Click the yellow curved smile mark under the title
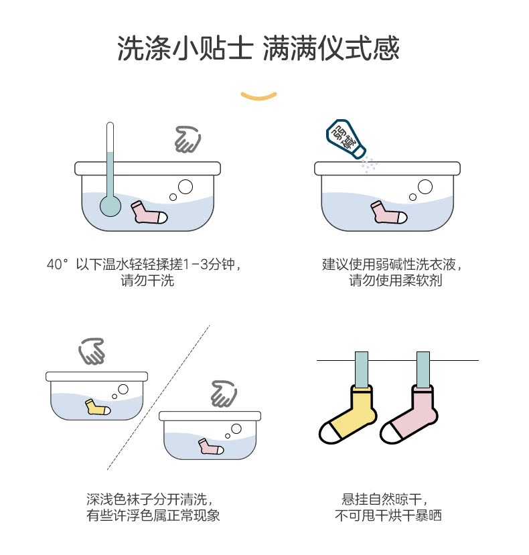[258, 95]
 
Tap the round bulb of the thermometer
[109, 206]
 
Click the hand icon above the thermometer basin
[187, 139]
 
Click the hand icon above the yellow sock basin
[92, 351]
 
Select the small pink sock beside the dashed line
[210, 447]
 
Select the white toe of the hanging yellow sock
[329, 434]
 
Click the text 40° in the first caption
[58, 264]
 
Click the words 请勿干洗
[147, 281]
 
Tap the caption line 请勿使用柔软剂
[395, 281]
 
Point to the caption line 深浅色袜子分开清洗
[149, 499]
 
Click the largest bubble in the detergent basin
[425, 187]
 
